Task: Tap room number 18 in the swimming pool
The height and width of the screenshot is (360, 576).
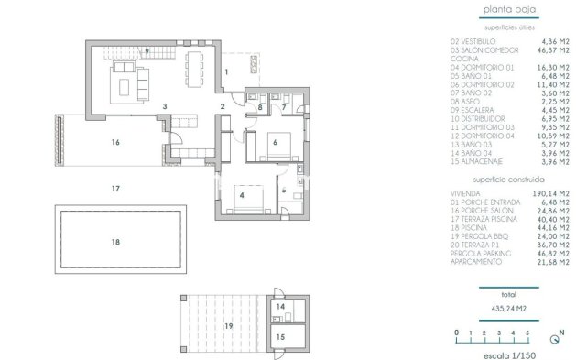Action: pyautogui.click(x=115, y=242)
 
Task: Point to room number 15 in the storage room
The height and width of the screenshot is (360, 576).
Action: pyautogui.click(x=281, y=336)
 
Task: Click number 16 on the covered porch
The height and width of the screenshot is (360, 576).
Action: pyautogui.click(x=115, y=143)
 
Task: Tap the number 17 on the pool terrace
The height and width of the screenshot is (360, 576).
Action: pyautogui.click(x=115, y=189)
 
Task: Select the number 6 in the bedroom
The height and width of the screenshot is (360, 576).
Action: pyautogui.click(x=273, y=142)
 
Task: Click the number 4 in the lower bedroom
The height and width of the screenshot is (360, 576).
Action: pyautogui.click(x=242, y=194)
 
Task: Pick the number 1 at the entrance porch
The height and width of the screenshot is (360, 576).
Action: pyautogui.click(x=225, y=71)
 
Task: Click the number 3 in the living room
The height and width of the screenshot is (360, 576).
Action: pyautogui.click(x=164, y=107)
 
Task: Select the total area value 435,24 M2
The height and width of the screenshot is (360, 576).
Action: pyautogui.click(x=509, y=308)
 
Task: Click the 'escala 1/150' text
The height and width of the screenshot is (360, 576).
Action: pyautogui.click(x=509, y=352)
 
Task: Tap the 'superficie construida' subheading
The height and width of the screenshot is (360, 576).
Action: pyautogui.click(x=509, y=181)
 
